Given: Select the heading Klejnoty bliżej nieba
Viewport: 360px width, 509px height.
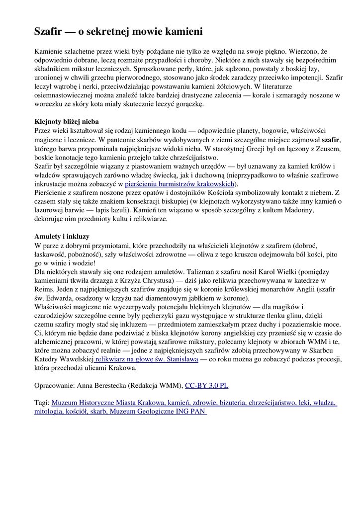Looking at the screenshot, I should [x=67, y=121].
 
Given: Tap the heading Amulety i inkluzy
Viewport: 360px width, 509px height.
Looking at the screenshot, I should [x=62, y=236].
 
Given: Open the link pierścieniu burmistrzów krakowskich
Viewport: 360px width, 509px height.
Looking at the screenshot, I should [x=179, y=183].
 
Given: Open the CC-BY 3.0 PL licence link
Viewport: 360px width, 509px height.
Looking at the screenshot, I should [x=207, y=385].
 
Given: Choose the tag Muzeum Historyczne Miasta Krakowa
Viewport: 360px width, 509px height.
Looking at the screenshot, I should [x=108, y=402].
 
